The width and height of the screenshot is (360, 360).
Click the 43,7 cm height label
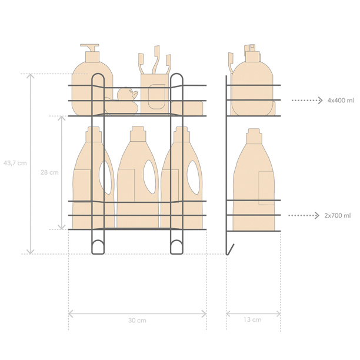coord(15,164)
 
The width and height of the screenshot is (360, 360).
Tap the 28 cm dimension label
coord(49,172)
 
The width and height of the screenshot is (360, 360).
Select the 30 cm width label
coord(137,320)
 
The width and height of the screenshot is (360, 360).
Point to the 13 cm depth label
coord(252,319)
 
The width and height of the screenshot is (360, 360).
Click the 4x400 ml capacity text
coord(341,101)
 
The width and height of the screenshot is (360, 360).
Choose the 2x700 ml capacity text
coord(338,215)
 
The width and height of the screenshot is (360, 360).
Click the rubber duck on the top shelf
coord(122,101)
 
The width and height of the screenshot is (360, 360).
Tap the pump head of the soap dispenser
coord(90,47)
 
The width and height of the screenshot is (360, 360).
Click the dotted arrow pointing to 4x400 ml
coord(307,101)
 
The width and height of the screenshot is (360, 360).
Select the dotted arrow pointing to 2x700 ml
coord(304,215)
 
